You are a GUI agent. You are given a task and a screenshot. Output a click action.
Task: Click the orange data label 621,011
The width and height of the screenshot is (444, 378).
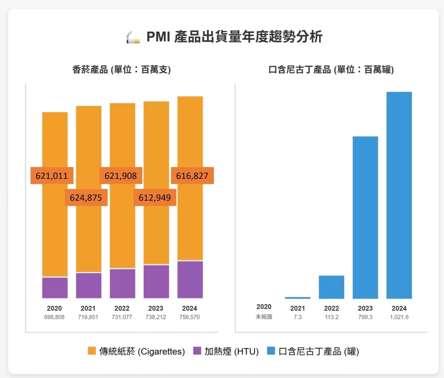pyautogui.click(x=52, y=176)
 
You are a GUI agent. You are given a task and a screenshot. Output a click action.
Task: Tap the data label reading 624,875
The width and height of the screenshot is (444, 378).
pyautogui.click(x=86, y=198)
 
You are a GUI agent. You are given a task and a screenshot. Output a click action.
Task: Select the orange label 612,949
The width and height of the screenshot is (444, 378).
pyautogui.click(x=155, y=198)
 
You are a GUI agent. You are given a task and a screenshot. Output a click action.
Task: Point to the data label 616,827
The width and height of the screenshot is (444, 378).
pyautogui.click(x=192, y=176)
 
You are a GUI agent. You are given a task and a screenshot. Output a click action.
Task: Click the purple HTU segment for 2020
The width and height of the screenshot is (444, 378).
pyautogui.click(x=54, y=288)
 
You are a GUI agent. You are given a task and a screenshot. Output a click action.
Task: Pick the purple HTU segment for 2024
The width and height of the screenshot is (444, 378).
pyautogui.click(x=190, y=280)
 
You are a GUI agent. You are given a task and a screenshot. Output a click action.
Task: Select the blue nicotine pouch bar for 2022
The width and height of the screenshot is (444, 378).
pyautogui.click(x=331, y=287)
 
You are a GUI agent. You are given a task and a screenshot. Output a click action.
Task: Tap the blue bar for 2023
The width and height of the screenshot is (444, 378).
pyautogui.click(x=365, y=218)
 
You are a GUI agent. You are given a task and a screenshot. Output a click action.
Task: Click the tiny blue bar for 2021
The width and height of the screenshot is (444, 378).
pyautogui.click(x=297, y=298)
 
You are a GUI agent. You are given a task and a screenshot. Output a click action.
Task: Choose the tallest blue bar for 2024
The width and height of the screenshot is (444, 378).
pyautogui.click(x=399, y=195)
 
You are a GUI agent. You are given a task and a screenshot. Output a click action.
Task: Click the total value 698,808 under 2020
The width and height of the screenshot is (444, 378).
pyautogui.click(x=54, y=317)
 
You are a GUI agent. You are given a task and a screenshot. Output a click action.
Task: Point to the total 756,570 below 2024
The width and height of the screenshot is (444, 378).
pyautogui.click(x=189, y=317)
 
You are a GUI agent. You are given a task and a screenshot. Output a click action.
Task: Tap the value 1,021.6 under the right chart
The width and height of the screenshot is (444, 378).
pyautogui.click(x=399, y=317)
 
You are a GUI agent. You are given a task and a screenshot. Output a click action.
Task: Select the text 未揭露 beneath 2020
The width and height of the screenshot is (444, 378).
pyautogui.click(x=264, y=317)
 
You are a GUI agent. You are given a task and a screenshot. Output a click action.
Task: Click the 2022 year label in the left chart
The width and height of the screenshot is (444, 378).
pyautogui.click(x=122, y=308)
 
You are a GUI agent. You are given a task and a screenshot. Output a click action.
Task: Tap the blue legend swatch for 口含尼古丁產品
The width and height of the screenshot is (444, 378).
pyautogui.click(x=271, y=351)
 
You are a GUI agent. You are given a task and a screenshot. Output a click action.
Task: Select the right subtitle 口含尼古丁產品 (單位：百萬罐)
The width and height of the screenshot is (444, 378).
pyautogui.click(x=331, y=70)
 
